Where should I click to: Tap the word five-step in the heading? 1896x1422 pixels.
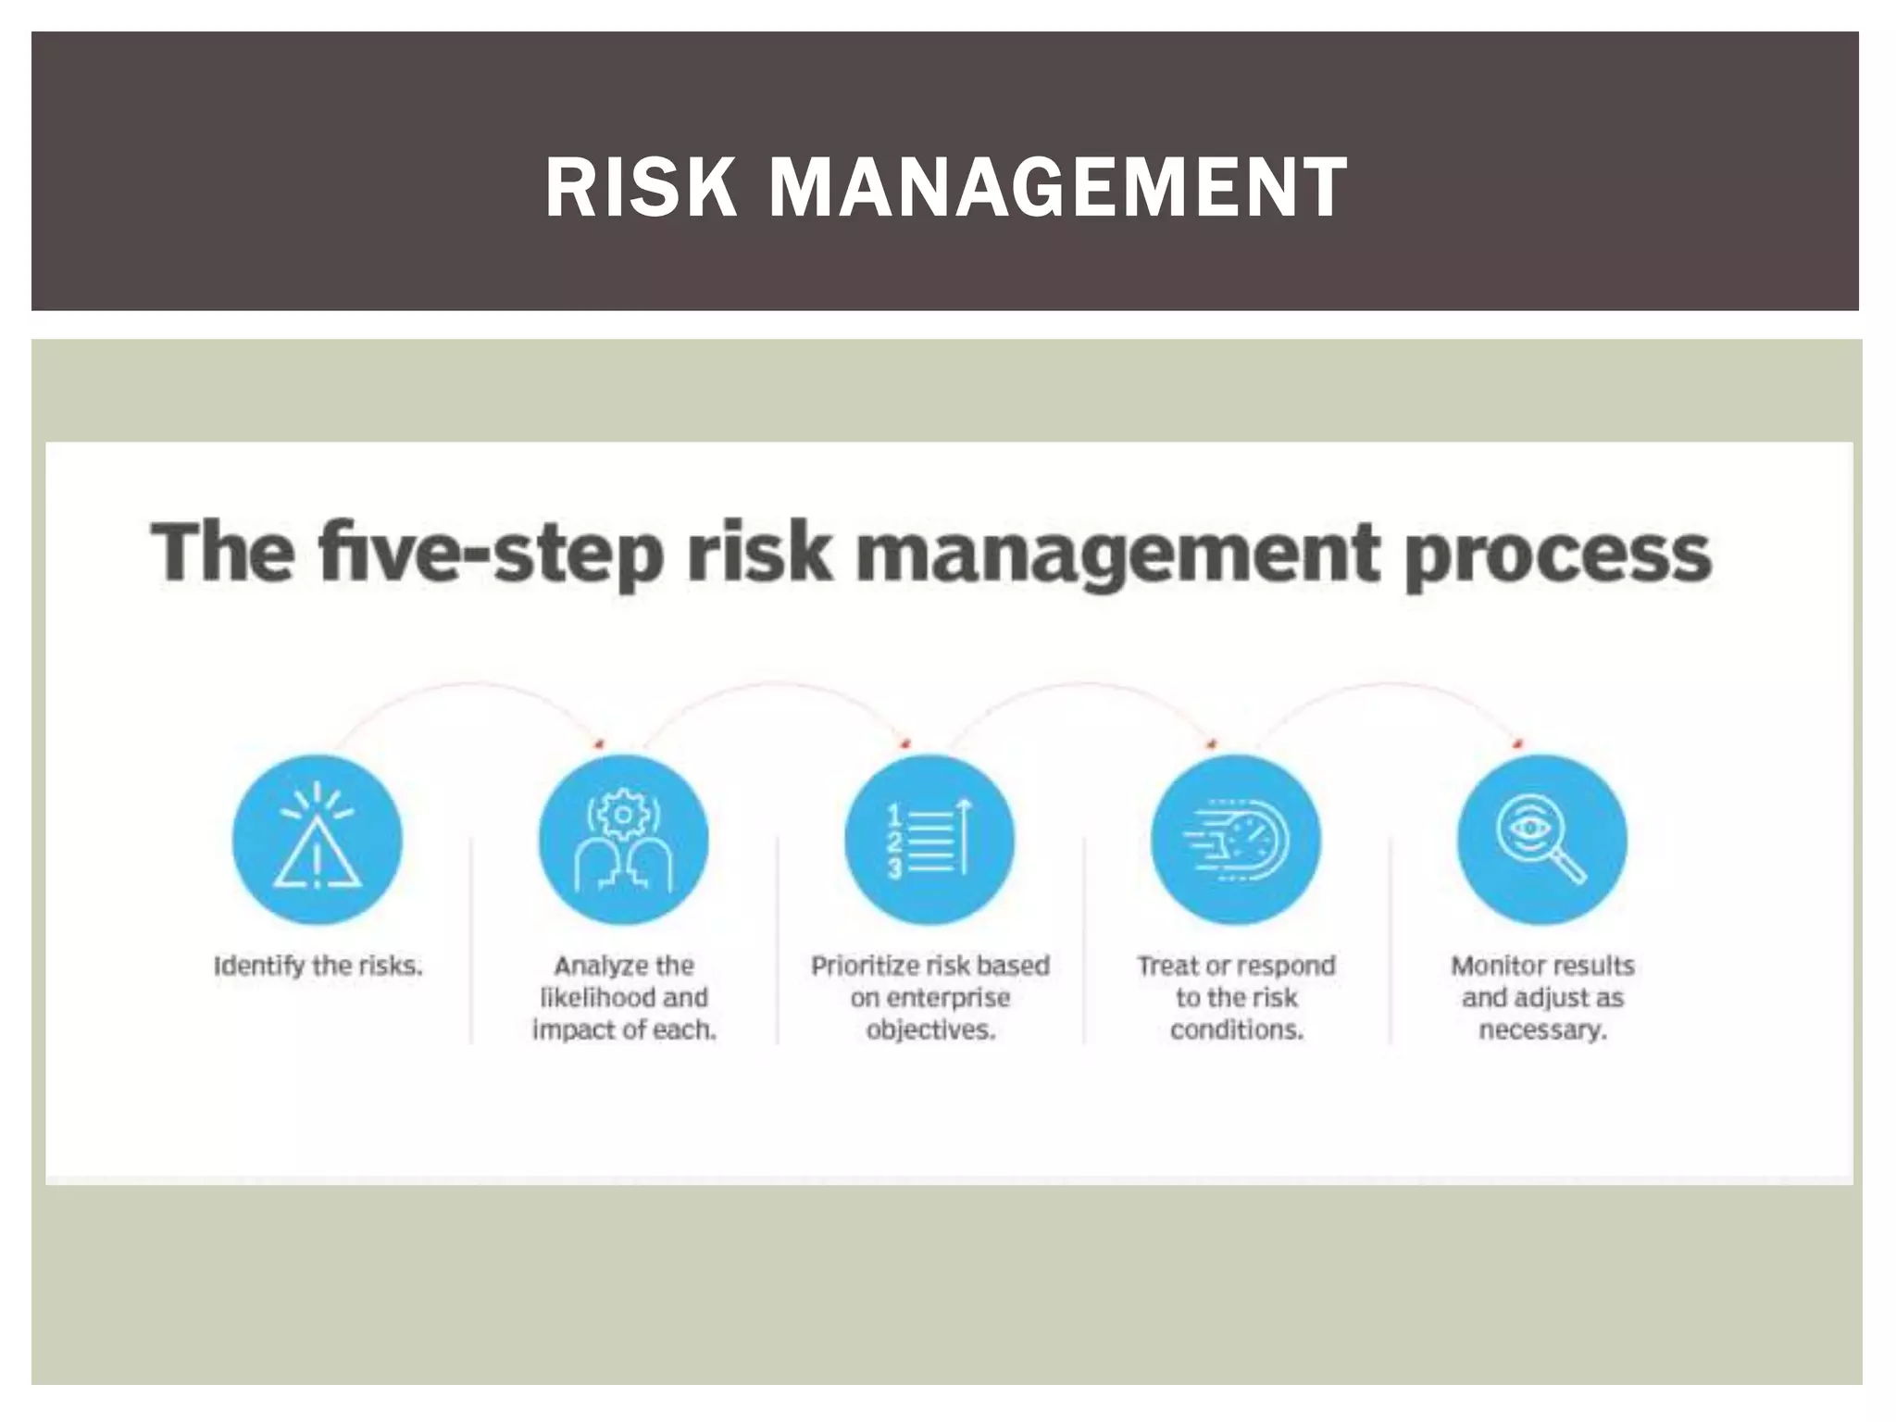(491, 554)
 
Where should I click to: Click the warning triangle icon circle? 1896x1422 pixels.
(318, 840)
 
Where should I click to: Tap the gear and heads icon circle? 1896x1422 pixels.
(623, 840)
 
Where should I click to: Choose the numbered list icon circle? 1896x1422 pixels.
(929, 840)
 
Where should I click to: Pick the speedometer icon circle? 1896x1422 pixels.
(1236, 840)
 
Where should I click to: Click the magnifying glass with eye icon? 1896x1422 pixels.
(1541, 840)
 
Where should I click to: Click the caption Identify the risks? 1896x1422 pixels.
(318, 966)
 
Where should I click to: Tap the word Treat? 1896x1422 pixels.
(1168, 966)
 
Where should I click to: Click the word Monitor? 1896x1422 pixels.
(1492, 966)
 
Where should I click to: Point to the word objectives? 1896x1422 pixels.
(930, 1029)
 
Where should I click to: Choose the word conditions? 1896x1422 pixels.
(1236, 1029)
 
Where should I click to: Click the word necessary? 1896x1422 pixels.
(1541, 1029)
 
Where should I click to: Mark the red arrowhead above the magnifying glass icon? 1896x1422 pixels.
(1517, 742)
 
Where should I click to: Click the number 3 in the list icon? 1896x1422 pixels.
(894, 868)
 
